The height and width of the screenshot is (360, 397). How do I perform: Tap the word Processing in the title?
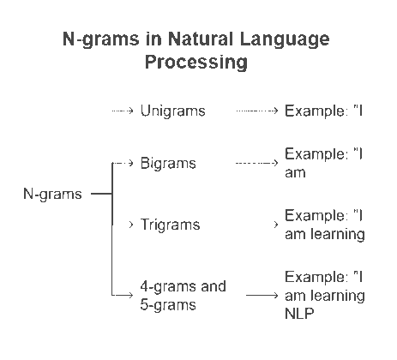196,62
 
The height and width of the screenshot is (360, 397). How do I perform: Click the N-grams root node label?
52,194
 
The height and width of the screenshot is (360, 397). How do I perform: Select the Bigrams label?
168,162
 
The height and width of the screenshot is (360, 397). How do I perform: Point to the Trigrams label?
170,225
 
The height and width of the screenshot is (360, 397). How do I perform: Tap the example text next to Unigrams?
325,111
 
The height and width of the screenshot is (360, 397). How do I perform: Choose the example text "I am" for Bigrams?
325,162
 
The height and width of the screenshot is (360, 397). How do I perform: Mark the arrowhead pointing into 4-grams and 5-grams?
130,295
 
